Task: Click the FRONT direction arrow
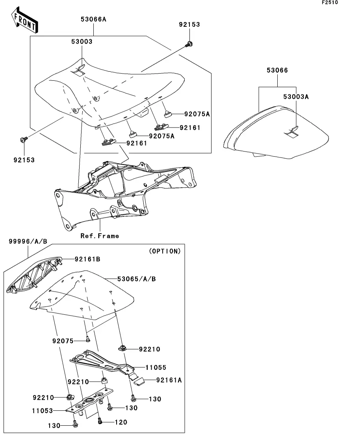point(25,20)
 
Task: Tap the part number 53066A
point(93,19)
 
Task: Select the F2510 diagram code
point(330,2)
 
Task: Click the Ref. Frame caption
point(100,236)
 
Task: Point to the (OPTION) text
point(165,251)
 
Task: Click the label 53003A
point(296,97)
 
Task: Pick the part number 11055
point(156,368)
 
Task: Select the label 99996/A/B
point(28,241)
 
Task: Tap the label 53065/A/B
point(136,279)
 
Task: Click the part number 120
point(121,422)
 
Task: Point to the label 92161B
point(87,259)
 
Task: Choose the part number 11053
point(43,411)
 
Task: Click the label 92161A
point(169,380)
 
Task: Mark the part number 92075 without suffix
point(63,341)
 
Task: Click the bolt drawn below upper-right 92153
point(189,44)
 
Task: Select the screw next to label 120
point(100,421)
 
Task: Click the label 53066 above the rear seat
point(277,70)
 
